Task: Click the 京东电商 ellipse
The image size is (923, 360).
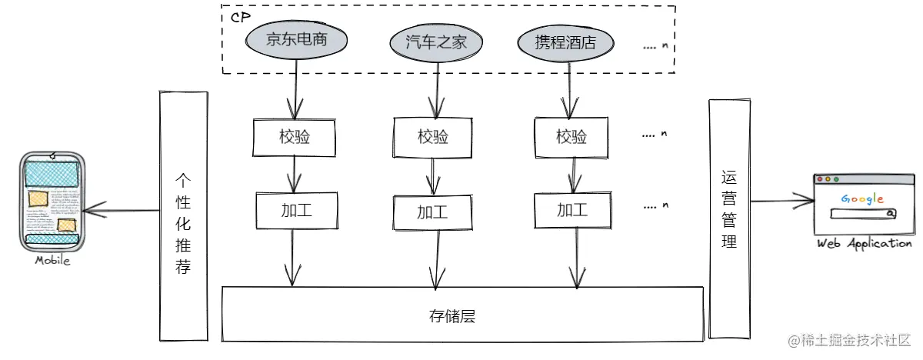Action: [297, 40]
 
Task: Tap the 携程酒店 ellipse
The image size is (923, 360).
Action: [566, 41]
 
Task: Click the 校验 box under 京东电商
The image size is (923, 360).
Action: [295, 136]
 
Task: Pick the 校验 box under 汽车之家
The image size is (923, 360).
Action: [433, 137]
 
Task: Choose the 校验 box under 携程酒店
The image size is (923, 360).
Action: [571, 137]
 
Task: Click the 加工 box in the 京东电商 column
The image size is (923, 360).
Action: [295, 209]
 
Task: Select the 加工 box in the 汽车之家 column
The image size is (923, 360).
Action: [433, 211]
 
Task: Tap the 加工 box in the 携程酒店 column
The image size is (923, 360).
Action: [571, 210]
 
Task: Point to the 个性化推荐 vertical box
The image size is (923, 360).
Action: [183, 215]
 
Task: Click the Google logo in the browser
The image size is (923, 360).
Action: [861, 199]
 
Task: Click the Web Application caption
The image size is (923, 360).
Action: [864, 243]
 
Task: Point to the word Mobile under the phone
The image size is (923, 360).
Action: [52, 261]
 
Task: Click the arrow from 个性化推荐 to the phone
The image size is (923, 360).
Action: [121, 208]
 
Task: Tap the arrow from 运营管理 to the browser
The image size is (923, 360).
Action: [781, 202]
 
